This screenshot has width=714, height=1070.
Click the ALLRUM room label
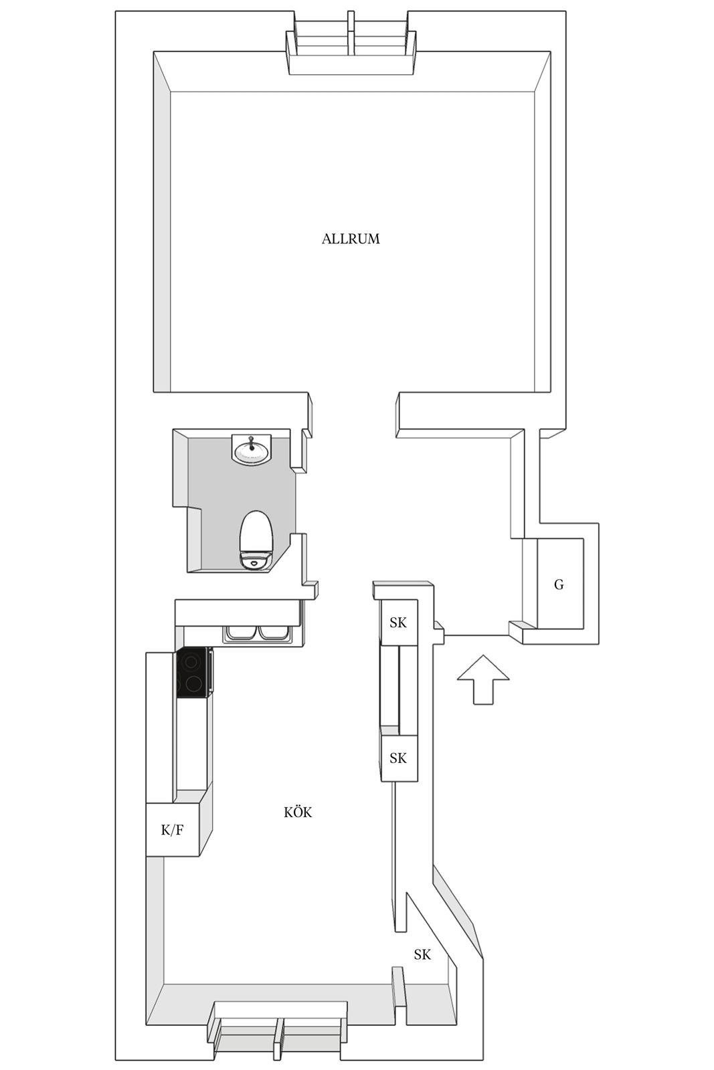(x=351, y=239)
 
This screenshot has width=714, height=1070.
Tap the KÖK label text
(x=297, y=813)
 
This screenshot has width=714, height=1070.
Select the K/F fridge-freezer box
(x=172, y=830)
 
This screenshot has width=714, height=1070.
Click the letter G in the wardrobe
(x=559, y=584)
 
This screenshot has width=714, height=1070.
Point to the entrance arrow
(x=482, y=679)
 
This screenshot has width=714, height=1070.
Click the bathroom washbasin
(x=252, y=449)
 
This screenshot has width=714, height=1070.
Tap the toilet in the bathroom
(x=256, y=540)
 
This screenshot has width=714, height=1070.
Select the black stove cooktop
(x=193, y=673)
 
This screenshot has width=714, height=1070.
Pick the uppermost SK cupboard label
(x=398, y=623)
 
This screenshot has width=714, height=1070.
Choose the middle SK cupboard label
(x=398, y=758)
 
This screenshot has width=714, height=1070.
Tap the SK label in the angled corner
(x=422, y=954)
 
